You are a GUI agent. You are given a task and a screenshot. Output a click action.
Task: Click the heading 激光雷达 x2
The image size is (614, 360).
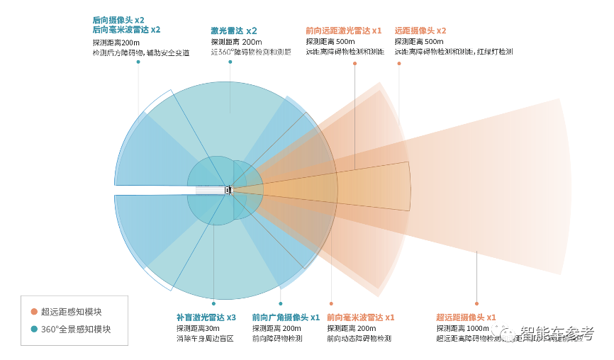234,31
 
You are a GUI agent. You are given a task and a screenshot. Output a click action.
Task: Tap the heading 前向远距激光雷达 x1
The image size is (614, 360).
344,31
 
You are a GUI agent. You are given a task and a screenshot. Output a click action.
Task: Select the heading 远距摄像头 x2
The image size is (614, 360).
420,31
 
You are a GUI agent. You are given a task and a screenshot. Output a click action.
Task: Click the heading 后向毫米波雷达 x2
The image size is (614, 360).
126,30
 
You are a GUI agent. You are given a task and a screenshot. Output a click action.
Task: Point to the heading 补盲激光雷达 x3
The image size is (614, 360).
206,317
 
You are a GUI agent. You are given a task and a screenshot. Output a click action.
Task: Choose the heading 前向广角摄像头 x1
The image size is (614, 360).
286,317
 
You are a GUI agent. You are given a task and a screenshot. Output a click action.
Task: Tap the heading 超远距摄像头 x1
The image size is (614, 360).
466,317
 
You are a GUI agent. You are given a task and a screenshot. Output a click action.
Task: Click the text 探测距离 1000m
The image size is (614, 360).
462,328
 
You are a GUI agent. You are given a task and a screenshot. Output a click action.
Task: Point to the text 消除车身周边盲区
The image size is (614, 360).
205,339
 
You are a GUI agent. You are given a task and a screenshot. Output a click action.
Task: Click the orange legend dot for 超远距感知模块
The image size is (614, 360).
33,311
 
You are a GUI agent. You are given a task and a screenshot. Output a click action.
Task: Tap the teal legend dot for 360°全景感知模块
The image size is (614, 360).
33,329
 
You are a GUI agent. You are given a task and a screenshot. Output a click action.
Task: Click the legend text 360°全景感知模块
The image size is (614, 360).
76,329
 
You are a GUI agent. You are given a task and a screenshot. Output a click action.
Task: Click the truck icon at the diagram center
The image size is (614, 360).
228,190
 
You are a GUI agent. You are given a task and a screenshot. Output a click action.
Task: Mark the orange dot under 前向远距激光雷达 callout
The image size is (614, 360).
355,63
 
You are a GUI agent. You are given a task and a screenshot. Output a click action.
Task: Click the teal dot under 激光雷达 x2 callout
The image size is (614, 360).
230,62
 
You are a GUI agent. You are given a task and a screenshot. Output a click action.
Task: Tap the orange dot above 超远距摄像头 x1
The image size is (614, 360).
476,303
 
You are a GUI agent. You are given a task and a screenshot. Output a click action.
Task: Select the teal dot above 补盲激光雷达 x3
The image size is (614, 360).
213,303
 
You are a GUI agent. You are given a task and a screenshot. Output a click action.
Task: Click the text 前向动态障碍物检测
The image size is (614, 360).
359,339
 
